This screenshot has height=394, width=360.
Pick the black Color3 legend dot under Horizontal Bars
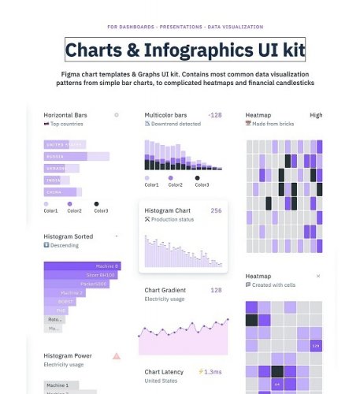[96, 203]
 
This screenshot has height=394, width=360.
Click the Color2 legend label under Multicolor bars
[176, 185]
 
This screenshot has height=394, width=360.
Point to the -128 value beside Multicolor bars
[214, 115]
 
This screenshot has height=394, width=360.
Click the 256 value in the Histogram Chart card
[216, 211]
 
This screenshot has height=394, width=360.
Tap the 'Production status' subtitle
[173, 220]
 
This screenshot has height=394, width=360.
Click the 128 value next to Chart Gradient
[216, 290]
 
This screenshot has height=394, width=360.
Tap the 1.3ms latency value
[213, 371]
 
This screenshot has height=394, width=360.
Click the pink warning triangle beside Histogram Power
[117, 356]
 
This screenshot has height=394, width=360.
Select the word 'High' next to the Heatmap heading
[316, 115]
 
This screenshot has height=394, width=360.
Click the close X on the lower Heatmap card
[318, 277]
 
